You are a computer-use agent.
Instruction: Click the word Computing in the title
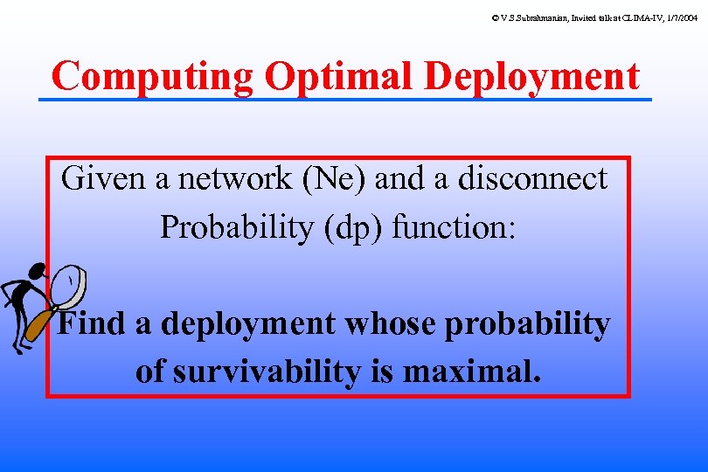click(152, 77)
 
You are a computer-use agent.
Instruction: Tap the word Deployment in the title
click(532, 77)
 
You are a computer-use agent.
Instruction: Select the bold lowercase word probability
click(528, 324)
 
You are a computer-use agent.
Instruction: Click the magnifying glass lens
click(70, 285)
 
